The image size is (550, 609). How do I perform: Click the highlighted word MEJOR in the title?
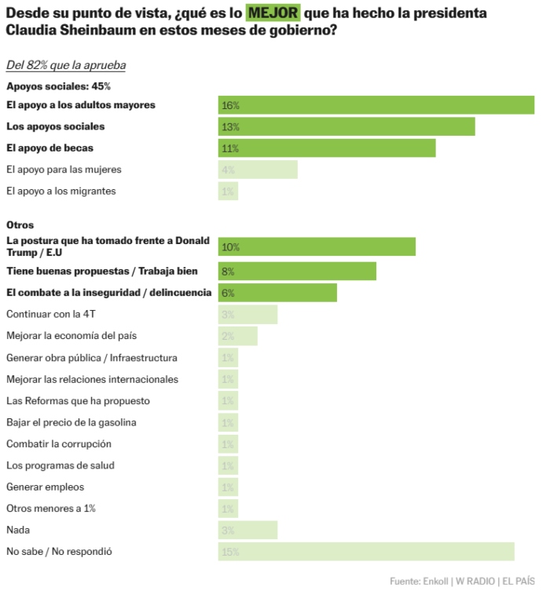coord(273,13)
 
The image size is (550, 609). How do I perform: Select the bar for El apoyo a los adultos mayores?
coord(376,105)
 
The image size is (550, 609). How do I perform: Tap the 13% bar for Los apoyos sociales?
coord(346,126)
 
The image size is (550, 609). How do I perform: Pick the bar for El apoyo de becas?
coord(326,148)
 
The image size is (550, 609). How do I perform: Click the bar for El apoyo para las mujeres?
coord(258,170)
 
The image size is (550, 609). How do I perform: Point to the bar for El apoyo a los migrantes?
coord(228,191)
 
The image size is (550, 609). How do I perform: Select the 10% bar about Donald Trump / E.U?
coord(317,246)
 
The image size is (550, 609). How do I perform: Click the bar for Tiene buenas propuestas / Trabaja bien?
coord(297,272)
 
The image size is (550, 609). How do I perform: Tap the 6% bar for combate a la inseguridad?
coord(277,293)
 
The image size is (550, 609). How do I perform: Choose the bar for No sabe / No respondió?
coord(366,552)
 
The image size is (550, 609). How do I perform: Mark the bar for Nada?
coord(247,531)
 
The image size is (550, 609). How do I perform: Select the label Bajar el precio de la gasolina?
coord(71,422)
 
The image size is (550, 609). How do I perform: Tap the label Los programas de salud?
coord(60,465)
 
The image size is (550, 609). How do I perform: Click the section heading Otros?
coord(20,225)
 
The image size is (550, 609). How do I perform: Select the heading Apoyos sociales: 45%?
coord(58,86)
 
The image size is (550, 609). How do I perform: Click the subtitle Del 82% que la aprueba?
coord(66,65)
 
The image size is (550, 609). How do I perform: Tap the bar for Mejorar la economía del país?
coord(237,336)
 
